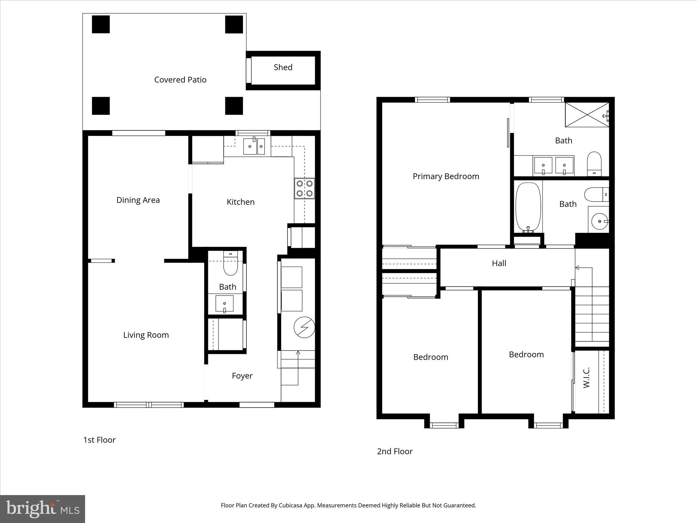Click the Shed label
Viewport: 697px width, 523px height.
283,67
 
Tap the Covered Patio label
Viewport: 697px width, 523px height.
180,80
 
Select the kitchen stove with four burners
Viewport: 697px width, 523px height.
304,188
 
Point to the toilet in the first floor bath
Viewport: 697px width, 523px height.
230,266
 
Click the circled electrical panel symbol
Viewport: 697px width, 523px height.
304,327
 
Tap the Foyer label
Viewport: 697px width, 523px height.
242,376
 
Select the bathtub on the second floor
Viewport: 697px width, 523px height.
528,207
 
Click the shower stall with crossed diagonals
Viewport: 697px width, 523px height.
587,115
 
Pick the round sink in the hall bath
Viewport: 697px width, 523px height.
599,221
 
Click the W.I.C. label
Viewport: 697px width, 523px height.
586,378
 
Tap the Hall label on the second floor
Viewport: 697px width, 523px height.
499,263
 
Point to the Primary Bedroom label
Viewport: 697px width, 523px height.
446,176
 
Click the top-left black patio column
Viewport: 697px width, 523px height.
101,25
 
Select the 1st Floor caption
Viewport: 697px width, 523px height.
99,440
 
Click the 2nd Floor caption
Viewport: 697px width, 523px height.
395,451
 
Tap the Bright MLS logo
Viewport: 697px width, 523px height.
43,509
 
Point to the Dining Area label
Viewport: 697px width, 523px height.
138,200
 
